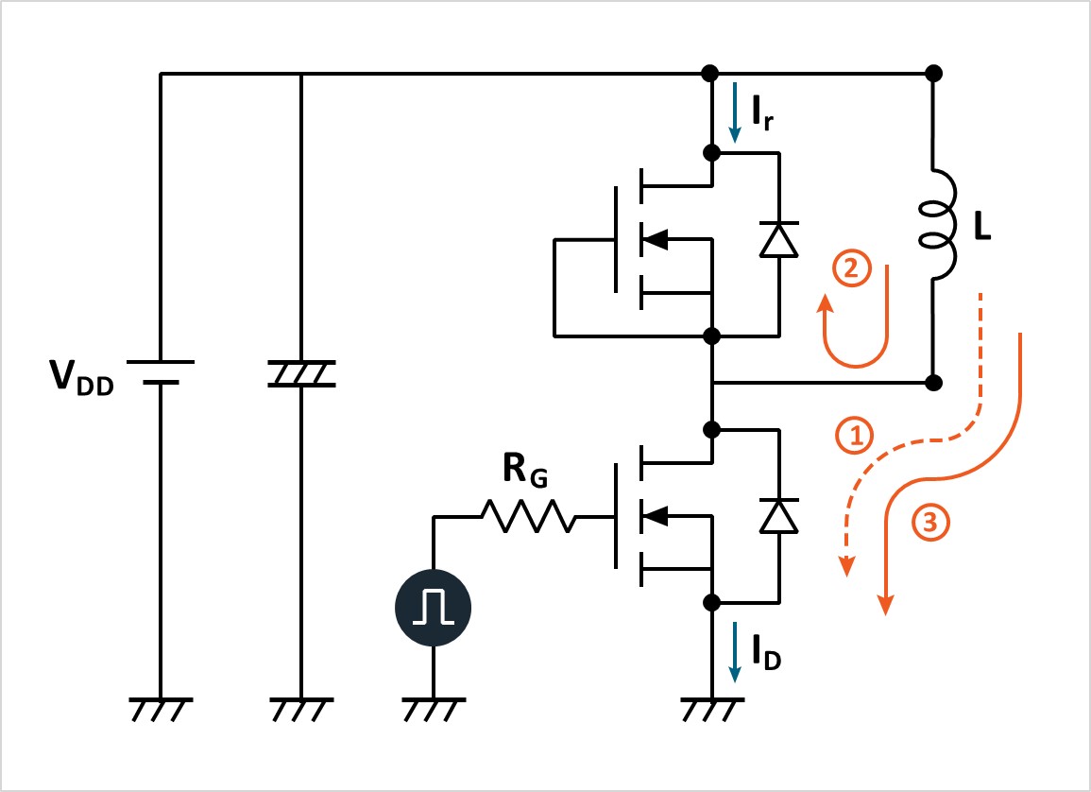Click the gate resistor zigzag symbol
tap(528, 517)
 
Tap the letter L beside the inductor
tap(981, 230)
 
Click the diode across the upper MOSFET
tap(779, 240)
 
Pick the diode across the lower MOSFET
tap(779, 516)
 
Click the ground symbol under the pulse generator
tap(433, 708)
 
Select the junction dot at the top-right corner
tap(934, 73)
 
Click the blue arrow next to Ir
tap(734, 112)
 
